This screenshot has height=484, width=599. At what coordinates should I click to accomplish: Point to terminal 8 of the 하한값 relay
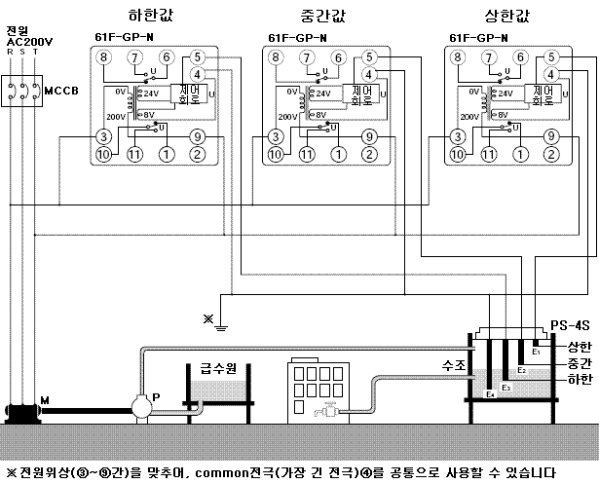[105, 58]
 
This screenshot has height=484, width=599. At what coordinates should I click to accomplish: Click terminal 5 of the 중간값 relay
[369, 58]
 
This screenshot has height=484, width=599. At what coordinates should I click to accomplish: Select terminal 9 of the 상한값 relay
[550, 136]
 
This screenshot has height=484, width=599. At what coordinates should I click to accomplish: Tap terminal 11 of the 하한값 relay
[135, 154]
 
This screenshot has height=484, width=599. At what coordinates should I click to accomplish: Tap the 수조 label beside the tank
[455, 365]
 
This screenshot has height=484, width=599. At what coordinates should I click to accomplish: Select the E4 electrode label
[491, 395]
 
